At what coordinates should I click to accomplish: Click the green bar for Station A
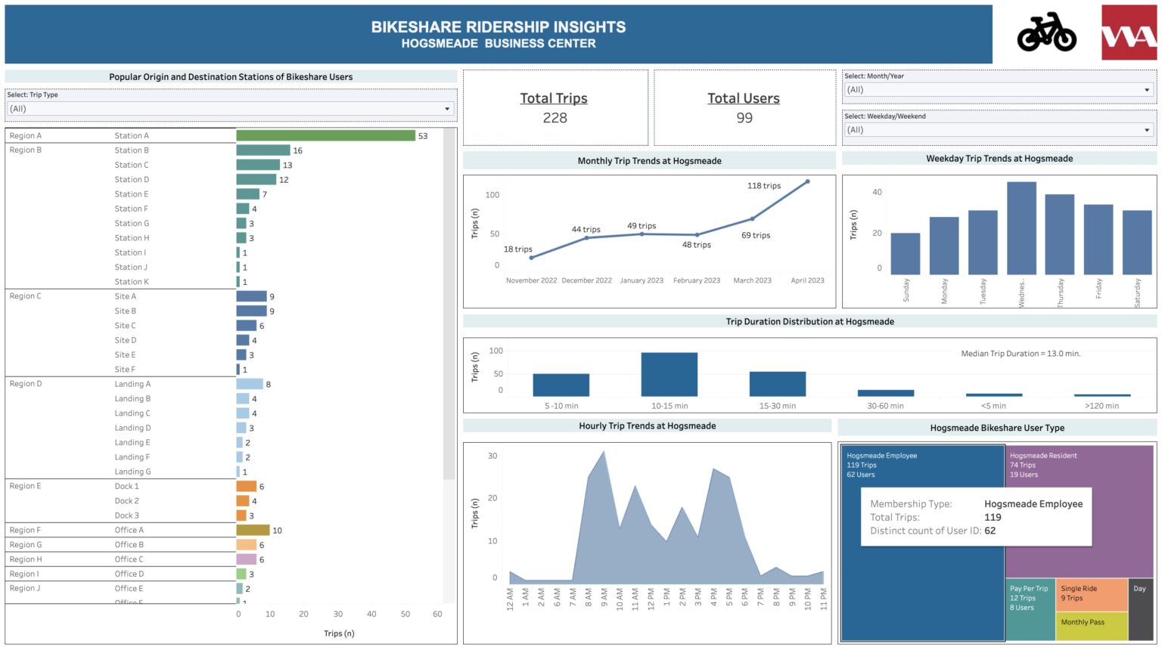coord(325,136)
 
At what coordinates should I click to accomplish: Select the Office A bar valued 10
coord(253,531)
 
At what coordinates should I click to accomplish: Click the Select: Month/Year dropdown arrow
coord(1147,90)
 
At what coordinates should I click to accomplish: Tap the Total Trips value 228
coord(555,118)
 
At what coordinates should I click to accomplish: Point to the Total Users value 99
coord(744,118)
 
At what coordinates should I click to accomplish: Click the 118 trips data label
coord(763,186)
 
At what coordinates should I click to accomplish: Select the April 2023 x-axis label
coord(807,280)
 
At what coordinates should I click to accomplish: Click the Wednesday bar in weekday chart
coord(1021,227)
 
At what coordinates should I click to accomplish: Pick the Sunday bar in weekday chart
coord(905,253)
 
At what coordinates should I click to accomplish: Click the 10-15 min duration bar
coord(669,374)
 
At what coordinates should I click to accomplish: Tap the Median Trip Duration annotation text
coord(1021,354)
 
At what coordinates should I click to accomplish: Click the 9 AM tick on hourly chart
coord(604,598)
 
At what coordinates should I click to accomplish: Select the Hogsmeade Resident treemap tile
coord(1080,514)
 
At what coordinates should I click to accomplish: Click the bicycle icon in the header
coord(1046,32)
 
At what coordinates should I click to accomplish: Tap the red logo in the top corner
coord(1129,32)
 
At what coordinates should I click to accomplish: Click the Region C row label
coord(26,296)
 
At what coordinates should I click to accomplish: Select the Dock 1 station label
coord(126,487)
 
